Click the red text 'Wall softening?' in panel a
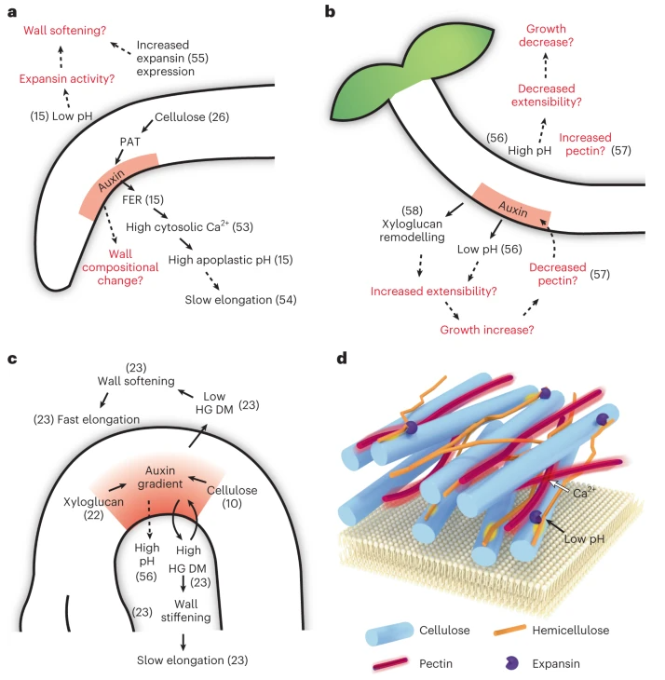tap(64, 31)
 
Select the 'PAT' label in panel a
tap(130, 142)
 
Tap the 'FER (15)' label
tap(143, 199)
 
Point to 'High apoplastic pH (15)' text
tap(230, 260)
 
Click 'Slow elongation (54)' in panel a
tap(240, 300)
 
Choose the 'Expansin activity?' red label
tap(67, 78)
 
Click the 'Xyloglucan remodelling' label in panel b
tap(412, 230)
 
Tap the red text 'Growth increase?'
tap(487, 330)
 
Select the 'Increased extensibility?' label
tap(433, 291)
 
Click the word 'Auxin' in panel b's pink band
tap(513, 209)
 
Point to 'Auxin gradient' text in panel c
tap(160, 477)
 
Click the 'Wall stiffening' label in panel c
tap(185, 611)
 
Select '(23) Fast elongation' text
tap(87, 419)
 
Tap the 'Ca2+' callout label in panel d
tap(584, 493)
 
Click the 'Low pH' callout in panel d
tap(584, 539)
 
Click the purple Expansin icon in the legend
tap(511, 662)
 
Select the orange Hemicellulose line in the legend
tap(509, 630)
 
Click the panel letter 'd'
tap(342, 359)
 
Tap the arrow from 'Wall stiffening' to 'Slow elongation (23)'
tap(183, 642)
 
